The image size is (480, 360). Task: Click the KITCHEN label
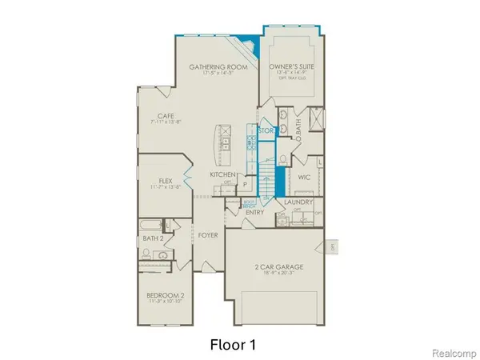[x=222, y=174]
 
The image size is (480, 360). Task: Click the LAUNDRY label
[x=298, y=203]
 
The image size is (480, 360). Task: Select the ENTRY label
[x=255, y=212]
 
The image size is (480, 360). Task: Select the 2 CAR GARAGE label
[x=275, y=265]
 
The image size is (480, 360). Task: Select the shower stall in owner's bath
[x=314, y=120]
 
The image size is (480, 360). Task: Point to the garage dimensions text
[x=275, y=273]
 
